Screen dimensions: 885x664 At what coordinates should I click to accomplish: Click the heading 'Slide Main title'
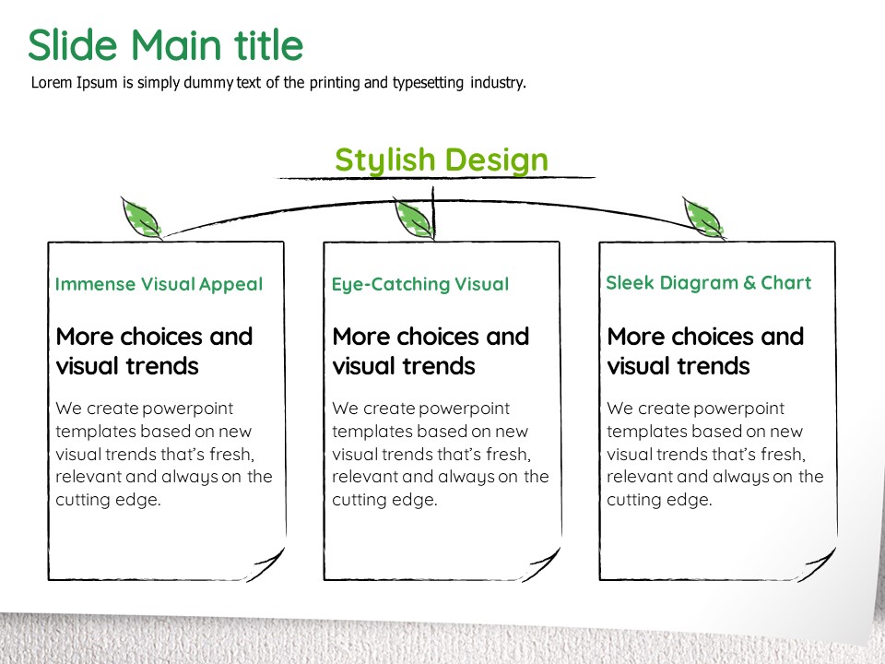click(165, 44)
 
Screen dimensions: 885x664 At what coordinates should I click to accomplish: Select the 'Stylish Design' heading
click(442, 160)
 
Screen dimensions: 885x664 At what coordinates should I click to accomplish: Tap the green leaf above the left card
click(141, 218)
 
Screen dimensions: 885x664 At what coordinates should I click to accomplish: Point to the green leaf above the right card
click(703, 218)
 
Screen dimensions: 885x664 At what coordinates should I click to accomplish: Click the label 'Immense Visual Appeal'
click(159, 284)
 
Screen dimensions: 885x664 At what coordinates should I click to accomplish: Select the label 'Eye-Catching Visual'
click(420, 285)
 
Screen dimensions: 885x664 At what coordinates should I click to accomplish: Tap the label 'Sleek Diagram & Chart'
click(708, 282)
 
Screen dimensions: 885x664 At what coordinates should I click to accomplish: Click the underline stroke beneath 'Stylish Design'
click(434, 178)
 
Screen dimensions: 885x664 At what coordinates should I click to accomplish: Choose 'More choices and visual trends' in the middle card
click(431, 351)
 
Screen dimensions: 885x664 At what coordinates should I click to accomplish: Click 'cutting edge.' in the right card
click(659, 500)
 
